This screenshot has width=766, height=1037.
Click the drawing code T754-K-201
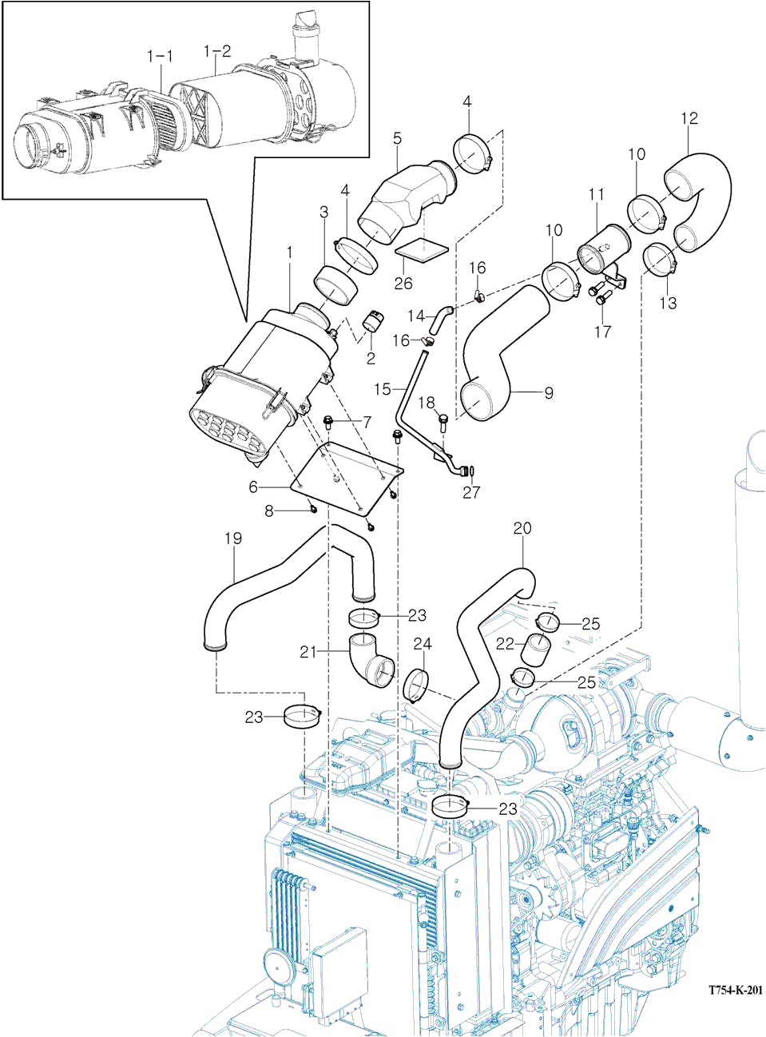click(735, 990)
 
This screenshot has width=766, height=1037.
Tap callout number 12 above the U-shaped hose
click(689, 118)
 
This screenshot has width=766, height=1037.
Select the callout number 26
click(403, 283)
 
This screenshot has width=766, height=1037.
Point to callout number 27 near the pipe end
click(471, 492)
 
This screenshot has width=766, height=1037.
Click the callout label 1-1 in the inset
click(160, 56)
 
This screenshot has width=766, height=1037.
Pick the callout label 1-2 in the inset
click(216, 51)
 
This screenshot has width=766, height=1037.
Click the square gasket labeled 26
click(422, 248)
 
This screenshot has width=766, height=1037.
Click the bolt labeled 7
click(328, 421)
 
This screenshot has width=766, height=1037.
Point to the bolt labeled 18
click(443, 421)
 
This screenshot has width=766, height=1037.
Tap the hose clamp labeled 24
click(417, 685)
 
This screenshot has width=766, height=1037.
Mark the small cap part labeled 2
click(373, 321)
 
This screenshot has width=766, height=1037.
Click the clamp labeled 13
click(660, 260)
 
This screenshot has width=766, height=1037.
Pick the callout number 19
click(232, 538)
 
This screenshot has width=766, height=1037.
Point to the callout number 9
click(549, 392)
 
